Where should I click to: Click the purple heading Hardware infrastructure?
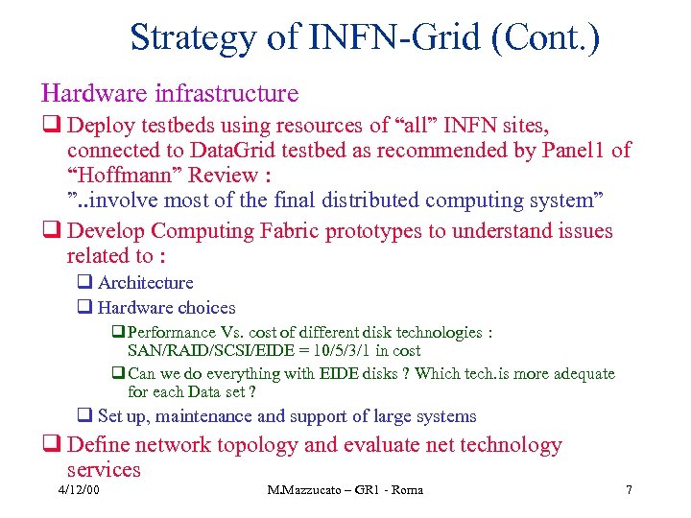click(170, 93)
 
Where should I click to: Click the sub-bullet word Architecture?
click(145, 283)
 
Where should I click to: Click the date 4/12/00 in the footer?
click(78, 490)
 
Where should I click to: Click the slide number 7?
click(629, 490)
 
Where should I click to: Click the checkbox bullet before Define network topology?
click(50, 446)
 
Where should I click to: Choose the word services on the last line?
click(104, 470)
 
